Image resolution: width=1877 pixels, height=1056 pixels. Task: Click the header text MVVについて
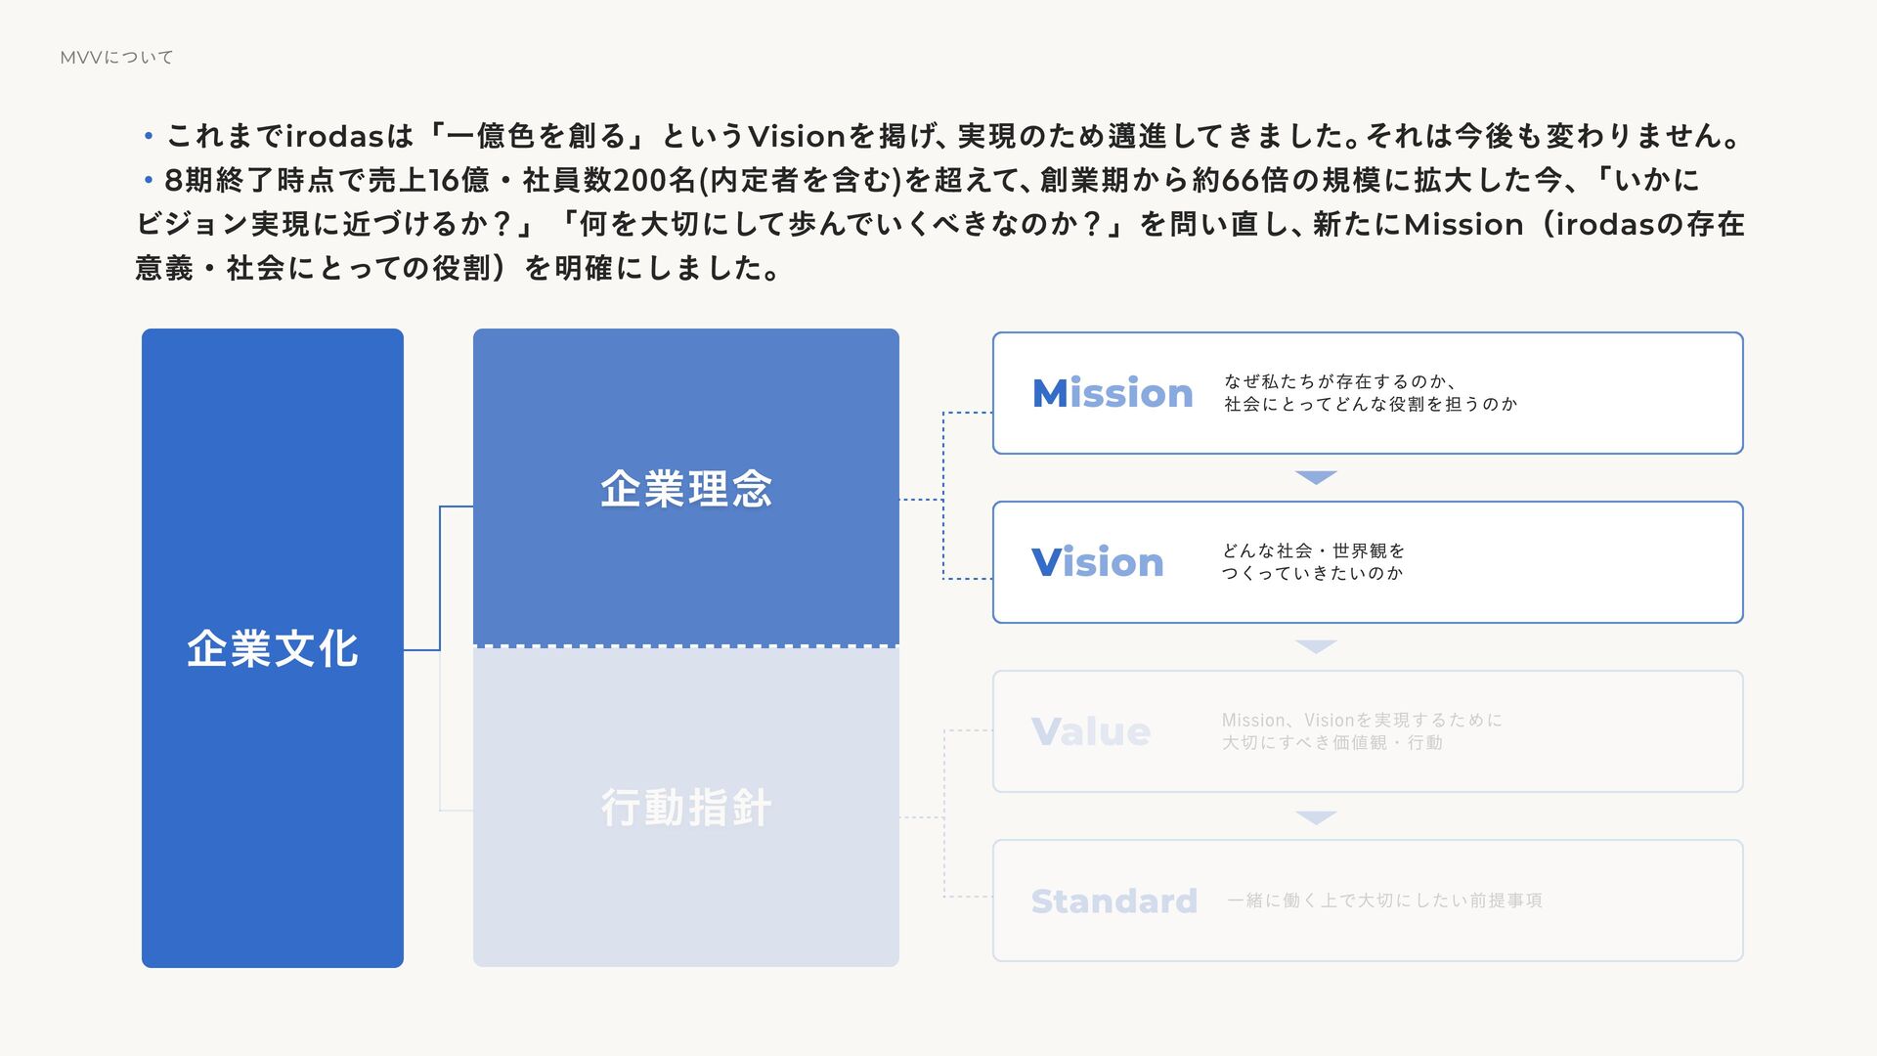tap(116, 58)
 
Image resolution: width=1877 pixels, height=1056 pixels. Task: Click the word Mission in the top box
tap(1113, 393)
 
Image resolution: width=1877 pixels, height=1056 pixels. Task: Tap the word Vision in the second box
tap(1098, 562)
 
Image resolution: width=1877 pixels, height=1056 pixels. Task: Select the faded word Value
tap(1091, 731)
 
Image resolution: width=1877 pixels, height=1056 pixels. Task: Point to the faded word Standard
tap(1113, 901)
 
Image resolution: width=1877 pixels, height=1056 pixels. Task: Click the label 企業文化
tap(273, 648)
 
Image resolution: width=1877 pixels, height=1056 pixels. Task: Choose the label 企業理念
tap(686, 489)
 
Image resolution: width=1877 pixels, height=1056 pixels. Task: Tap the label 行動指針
tap(686, 809)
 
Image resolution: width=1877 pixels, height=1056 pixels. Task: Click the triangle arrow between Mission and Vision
tap(1316, 477)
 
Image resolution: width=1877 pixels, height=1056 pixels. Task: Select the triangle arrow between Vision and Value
tap(1316, 646)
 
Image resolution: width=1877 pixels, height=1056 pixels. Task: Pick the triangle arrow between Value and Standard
tap(1316, 816)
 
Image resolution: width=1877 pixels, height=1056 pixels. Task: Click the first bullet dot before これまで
tap(149, 136)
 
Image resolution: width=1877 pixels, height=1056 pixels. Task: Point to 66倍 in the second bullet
tap(1254, 180)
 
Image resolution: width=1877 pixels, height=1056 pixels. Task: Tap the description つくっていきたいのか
tap(1312, 573)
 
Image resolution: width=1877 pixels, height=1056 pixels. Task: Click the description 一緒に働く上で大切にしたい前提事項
tap(1384, 901)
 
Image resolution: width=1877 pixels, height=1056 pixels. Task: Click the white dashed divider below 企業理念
tap(686, 646)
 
